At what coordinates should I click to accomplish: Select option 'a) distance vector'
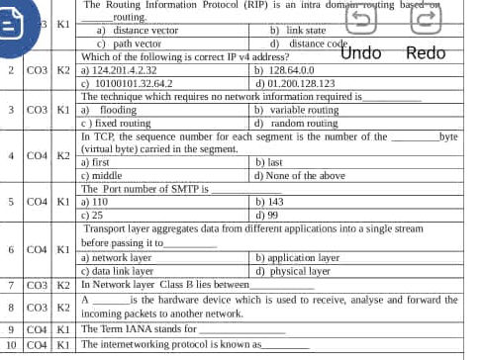click(138, 31)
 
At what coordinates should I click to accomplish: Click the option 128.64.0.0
click(285, 70)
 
